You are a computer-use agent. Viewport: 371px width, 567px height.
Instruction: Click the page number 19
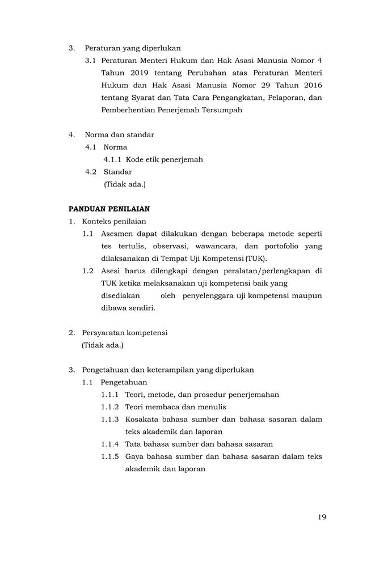[322, 517]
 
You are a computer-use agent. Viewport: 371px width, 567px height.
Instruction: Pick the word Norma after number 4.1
[115, 147]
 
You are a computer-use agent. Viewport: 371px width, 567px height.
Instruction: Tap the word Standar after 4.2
[117, 172]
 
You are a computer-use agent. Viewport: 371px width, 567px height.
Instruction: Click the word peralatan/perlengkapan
[267, 271]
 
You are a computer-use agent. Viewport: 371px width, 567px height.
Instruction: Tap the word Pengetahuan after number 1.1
[124, 382]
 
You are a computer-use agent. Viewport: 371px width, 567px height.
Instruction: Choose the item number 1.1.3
[110, 420]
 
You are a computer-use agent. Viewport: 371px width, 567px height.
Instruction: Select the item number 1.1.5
[110, 457]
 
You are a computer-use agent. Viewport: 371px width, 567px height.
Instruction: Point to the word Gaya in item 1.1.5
[134, 457]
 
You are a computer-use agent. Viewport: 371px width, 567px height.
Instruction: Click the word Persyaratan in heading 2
[105, 332]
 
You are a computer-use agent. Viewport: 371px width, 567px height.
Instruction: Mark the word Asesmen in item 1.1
[117, 234]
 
